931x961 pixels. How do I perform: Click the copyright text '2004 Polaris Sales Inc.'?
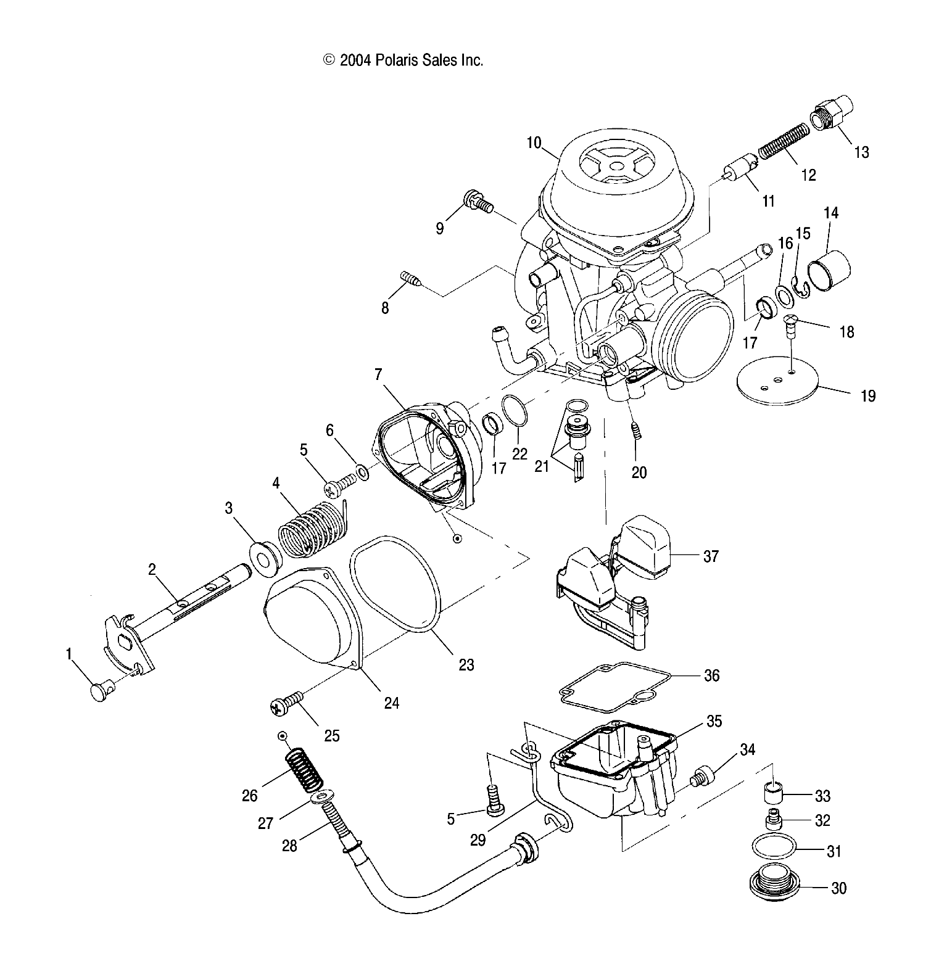(403, 60)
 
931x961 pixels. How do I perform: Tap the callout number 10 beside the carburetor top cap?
(534, 144)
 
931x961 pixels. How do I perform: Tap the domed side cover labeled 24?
(312, 623)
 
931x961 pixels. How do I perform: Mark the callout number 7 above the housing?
(378, 374)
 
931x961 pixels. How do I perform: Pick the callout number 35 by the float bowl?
(713, 721)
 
